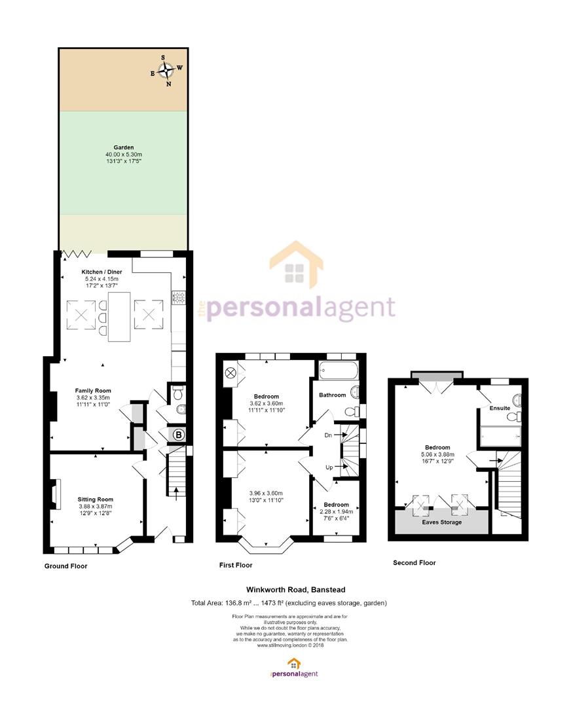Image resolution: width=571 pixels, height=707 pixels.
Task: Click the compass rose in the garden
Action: coord(166,70)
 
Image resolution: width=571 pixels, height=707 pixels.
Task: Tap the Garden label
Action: coord(124,147)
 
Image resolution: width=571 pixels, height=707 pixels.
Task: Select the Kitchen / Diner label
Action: coord(101,272)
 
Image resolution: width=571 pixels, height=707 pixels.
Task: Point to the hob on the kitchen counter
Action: coord(178,298)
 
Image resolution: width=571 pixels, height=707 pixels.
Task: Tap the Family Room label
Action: coord(93,391)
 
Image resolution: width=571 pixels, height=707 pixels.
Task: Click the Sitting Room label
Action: coord(95,499)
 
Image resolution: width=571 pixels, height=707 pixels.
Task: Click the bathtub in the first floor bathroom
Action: coord(338,372)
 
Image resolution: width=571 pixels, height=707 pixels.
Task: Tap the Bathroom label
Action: coord(333,395)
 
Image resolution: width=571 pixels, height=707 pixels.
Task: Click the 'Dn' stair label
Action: coord(328,435)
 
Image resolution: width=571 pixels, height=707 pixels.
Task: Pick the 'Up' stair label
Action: coord(329,467)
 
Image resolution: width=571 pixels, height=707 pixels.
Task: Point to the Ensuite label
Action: coord(500,408)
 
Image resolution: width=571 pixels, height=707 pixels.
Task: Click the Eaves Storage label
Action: coord(441,522)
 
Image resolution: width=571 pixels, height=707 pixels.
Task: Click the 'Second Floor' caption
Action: coord(414,563)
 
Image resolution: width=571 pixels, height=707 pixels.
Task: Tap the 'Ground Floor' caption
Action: coord(66,566)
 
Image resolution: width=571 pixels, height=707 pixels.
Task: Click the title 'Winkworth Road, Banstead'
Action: coord(295,589)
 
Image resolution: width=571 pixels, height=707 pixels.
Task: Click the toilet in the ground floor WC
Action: coord(178,393)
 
